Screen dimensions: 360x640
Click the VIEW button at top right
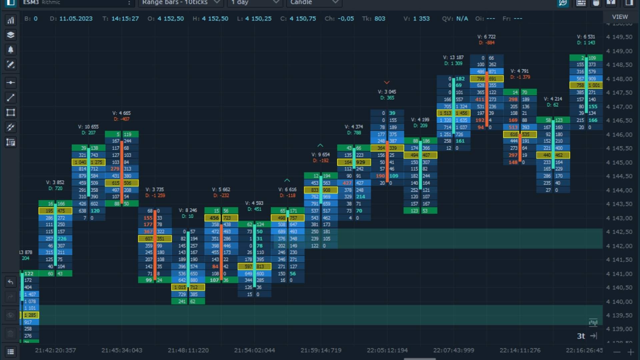coord(620,17)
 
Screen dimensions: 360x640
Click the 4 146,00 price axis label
coord(619,135)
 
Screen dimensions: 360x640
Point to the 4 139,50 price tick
coord(619,315)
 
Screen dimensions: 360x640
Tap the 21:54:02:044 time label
coord(255,350)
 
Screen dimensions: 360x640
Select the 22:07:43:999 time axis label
coord(454,350)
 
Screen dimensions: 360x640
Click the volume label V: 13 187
coord(453,57)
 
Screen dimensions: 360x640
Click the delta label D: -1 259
coord(155,196)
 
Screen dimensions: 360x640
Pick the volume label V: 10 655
coord(88,127)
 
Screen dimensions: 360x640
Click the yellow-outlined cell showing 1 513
coord(445,113)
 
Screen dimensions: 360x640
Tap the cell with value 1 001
coord(594,85)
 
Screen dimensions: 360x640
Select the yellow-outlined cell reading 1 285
coord(30,315)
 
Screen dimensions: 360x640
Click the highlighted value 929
coord(361,162)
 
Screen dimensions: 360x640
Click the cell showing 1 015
coord(180,287)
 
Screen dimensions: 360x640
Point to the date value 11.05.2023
coord(76,19)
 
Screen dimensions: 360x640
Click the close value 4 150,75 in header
coord(303,19)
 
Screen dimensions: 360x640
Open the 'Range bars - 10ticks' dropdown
coord(180,3)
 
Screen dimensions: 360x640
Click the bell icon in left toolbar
coord(11,50)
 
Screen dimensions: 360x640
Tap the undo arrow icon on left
coord(11,282)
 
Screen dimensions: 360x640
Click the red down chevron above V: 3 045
coord(387,82)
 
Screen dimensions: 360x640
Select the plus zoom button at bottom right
coord(630,352)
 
